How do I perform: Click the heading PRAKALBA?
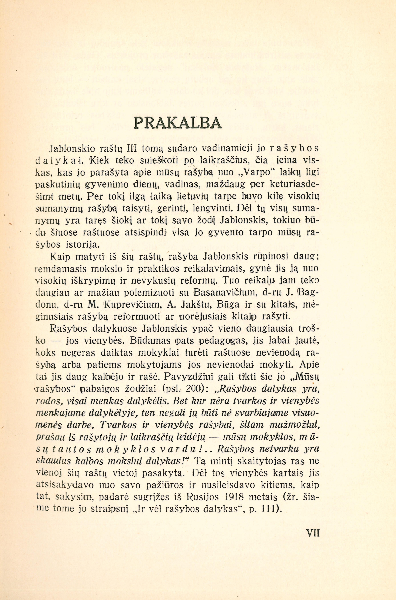(x=178, y=123)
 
